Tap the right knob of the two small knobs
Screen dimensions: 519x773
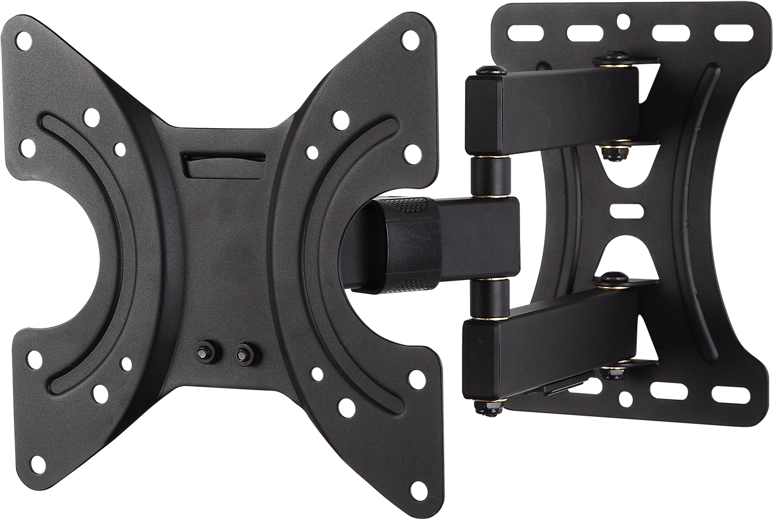click(x=243, y=353)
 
